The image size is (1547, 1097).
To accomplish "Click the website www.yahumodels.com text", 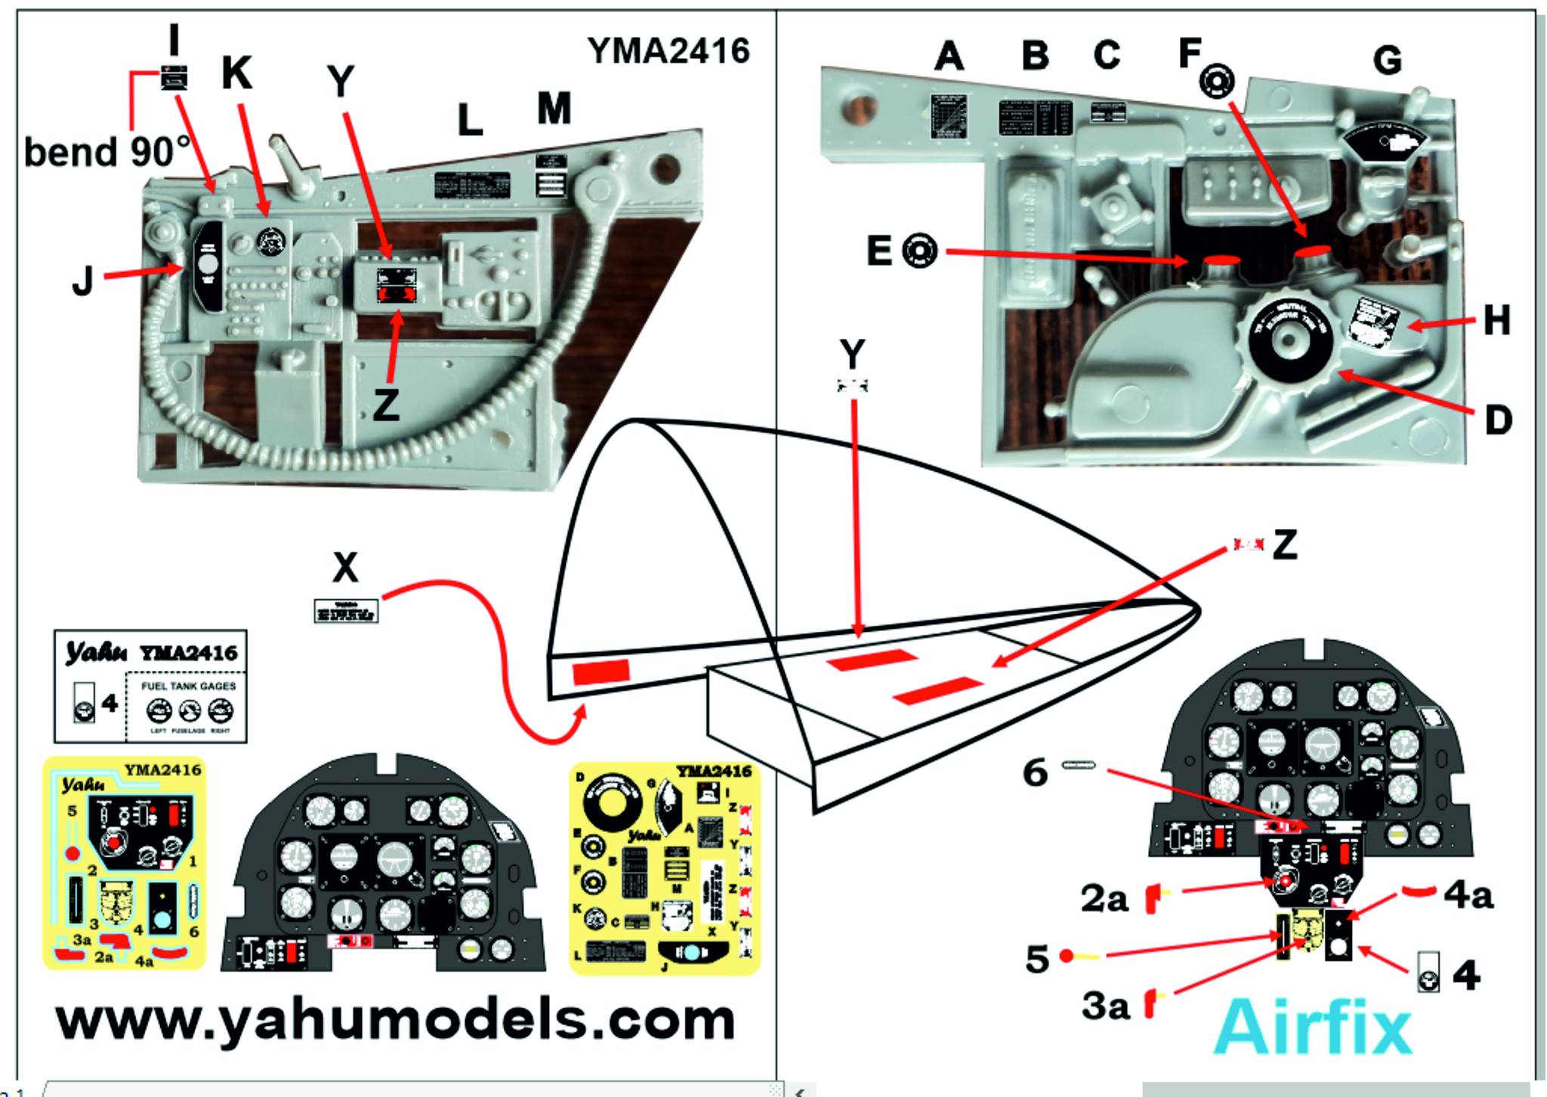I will point(395,1021).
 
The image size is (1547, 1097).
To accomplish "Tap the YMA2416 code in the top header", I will point(669,51).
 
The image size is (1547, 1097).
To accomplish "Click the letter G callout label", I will point(1388,60).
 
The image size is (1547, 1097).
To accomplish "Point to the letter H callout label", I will point(1496,321).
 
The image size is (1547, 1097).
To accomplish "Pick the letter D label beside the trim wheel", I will point(1498,421).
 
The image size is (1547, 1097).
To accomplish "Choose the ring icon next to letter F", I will point(1216,80).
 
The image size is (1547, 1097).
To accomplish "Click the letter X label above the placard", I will point(345,567).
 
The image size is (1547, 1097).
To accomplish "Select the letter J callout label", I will point(82,281).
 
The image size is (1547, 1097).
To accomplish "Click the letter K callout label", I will point(236,74).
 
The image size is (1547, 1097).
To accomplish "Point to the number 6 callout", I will point(1035,772).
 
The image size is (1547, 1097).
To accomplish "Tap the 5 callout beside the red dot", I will point(1037,959).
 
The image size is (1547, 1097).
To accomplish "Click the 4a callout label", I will point(1468,895).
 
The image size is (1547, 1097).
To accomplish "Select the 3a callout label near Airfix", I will point(1105,1006).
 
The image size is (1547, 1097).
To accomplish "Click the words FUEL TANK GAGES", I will point(188,686).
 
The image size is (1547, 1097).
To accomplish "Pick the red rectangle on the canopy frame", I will point(601,671).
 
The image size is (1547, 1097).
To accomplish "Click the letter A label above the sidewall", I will point(949,56).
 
